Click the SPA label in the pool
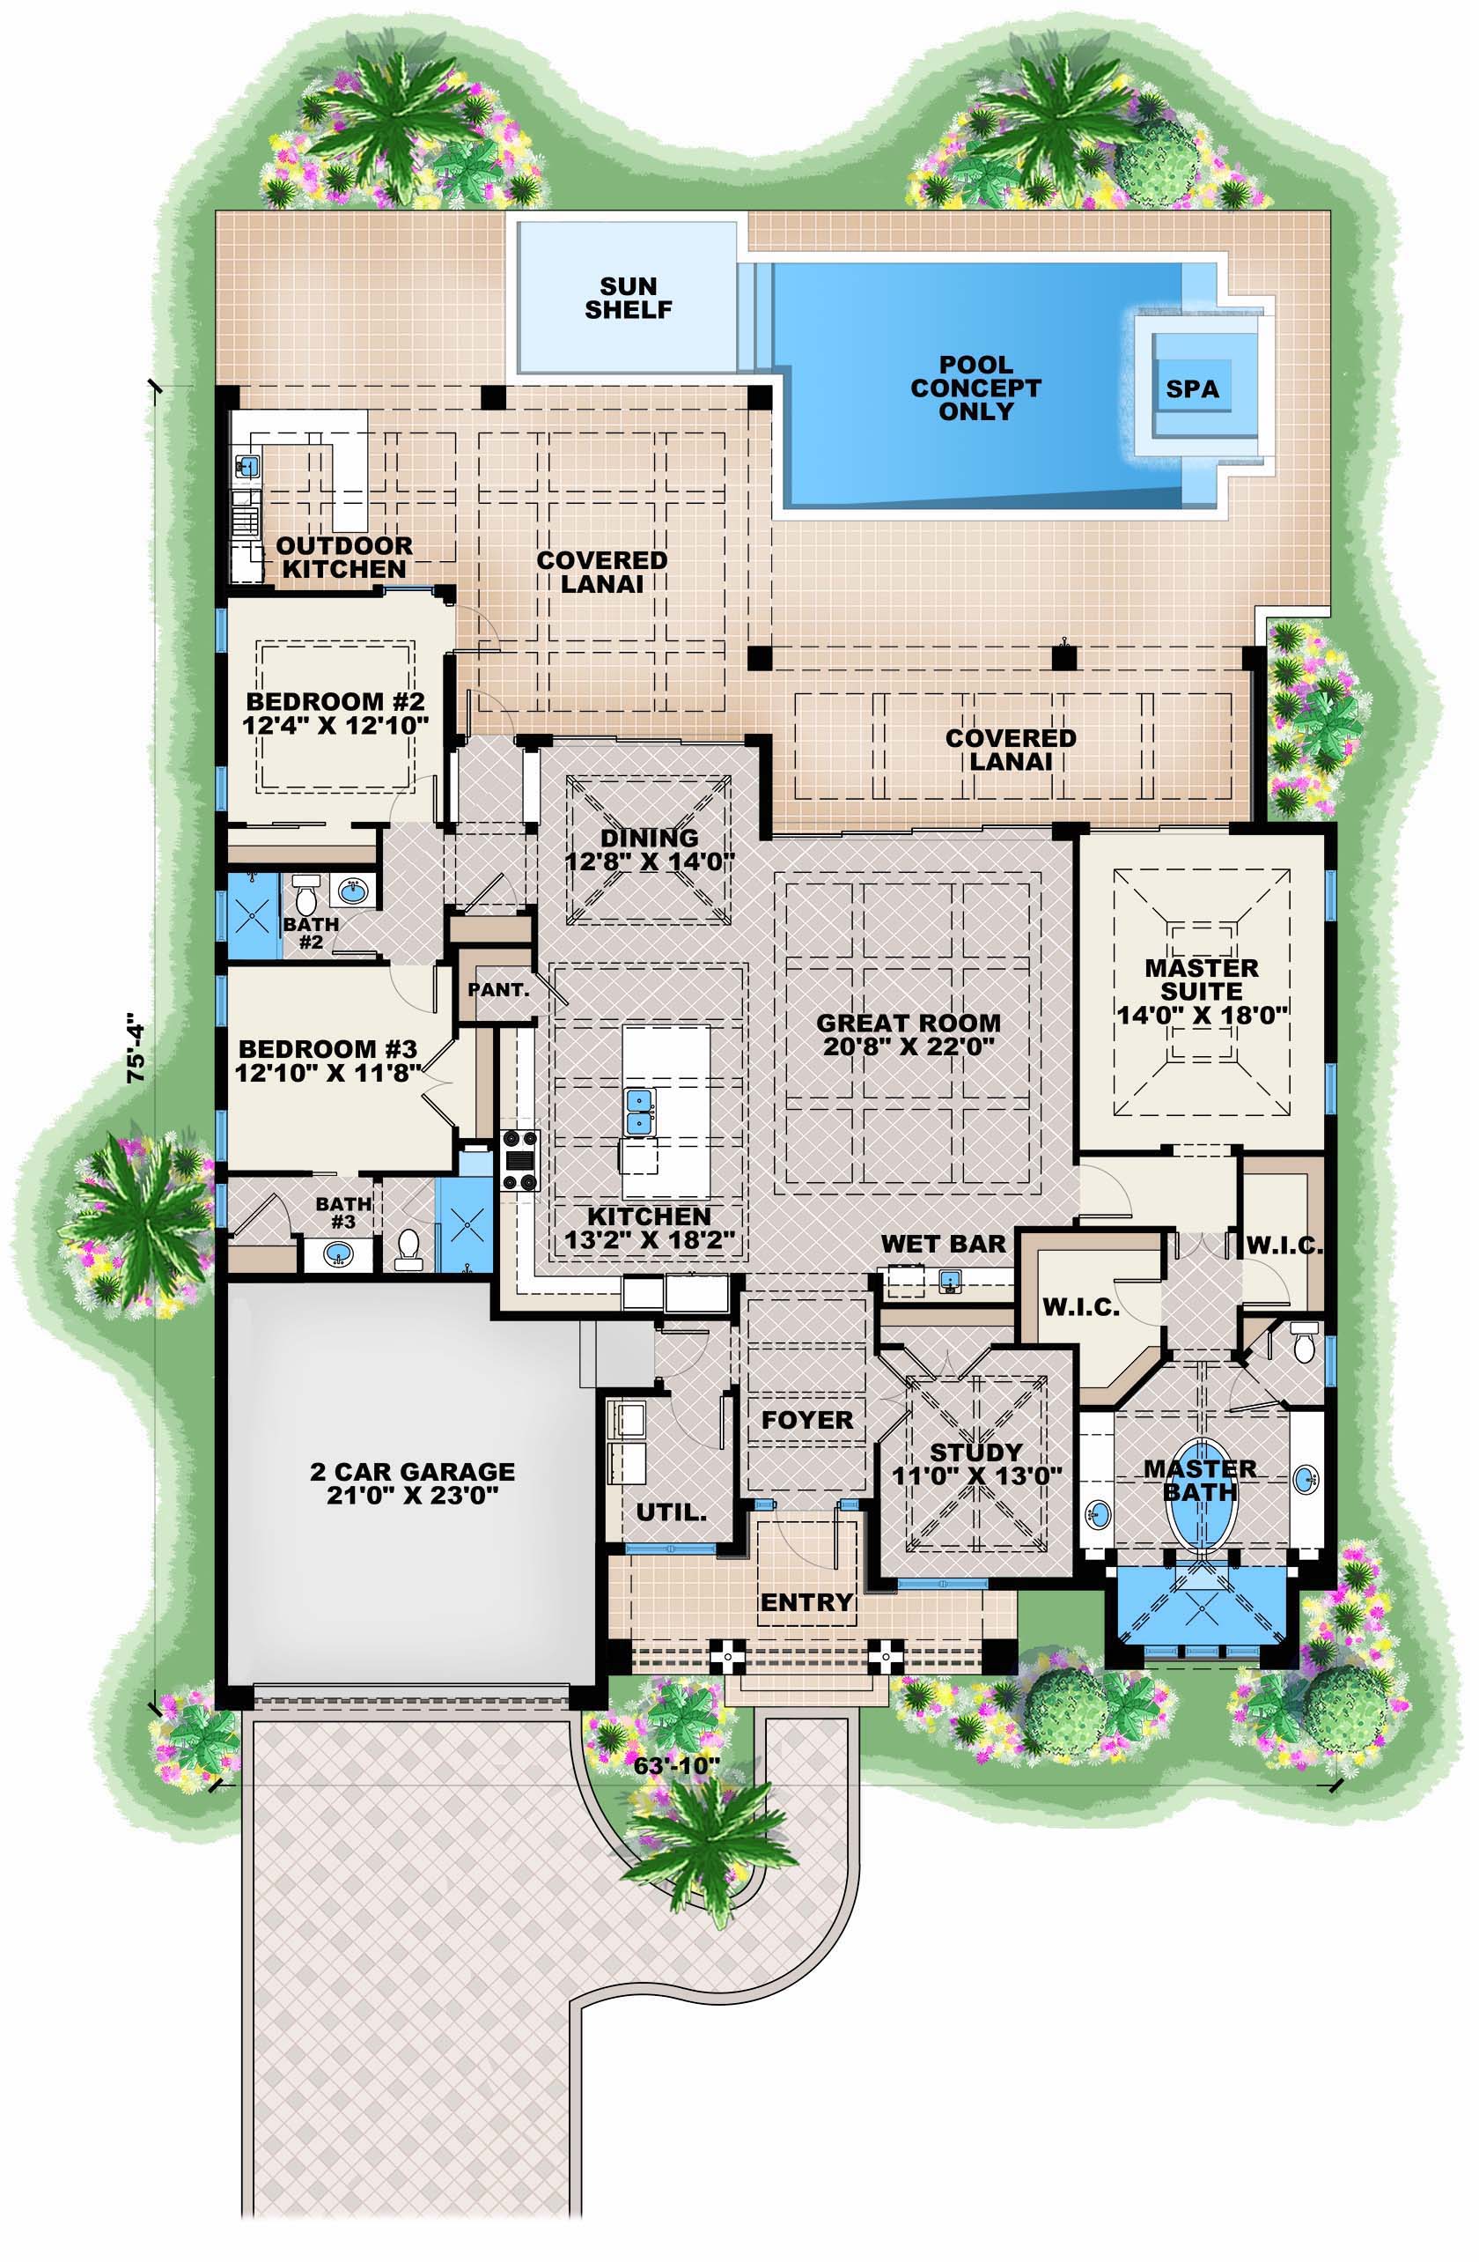click(x=1192, y=389)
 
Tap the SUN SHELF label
click(x=628, y=298)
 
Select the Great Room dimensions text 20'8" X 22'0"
click(x=909, y=1047)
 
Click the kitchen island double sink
click(x=640, y=1112)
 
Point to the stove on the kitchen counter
click(x=520, y=1159)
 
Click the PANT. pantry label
click(x=497, y=989)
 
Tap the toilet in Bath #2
click(x=305, y=892)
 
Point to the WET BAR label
click(x=942, y=1244)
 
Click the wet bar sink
click(x=949, y=1283)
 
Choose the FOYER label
click(x=807, y=1420)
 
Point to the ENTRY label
click(x=806, y=1602)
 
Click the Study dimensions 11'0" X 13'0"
click(x=976, y=1476)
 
